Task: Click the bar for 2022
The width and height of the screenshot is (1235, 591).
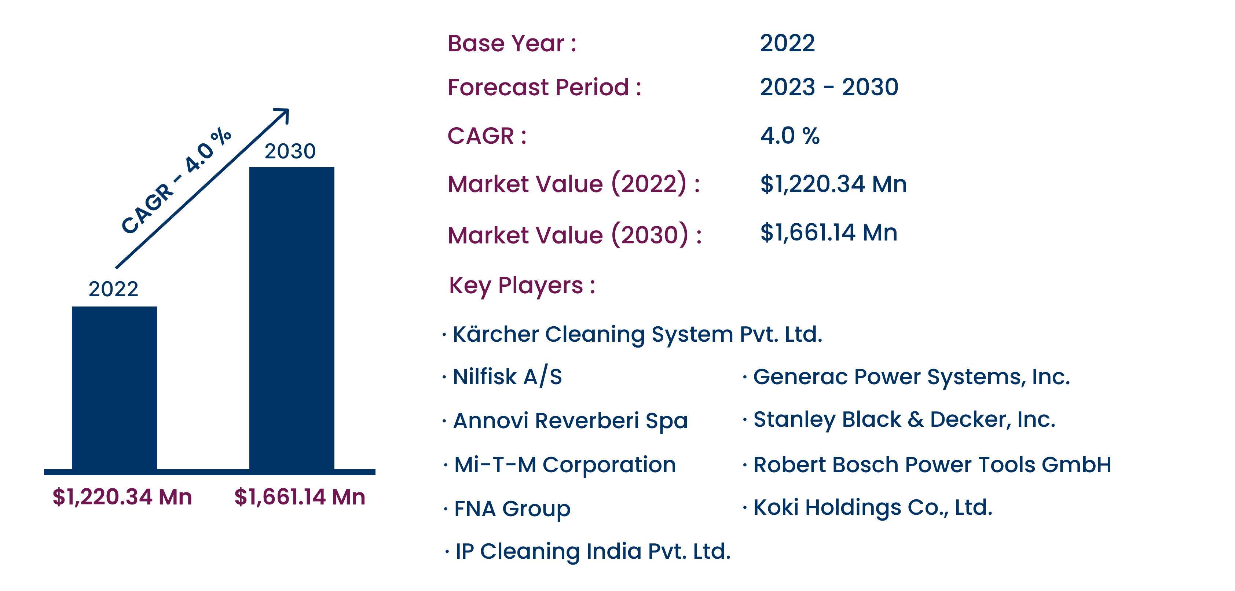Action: pyautogui.click(x=114, y=388)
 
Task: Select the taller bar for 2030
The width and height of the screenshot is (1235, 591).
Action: pyautogui.click(x=292, y=318)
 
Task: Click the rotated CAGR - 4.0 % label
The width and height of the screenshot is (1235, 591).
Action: pyautogui.click(x=176, y=181)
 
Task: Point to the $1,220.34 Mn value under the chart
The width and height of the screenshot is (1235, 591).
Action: pyautogui.click(x=122, y=497)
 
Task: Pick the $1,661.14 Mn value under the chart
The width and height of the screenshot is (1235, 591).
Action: pyautogui.click(x=300, y=497)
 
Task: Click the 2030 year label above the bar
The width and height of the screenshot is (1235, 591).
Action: pyautogui.click(x=290, y=151)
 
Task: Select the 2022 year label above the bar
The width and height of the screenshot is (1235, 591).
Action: pyautogui.click(x=114, y=289)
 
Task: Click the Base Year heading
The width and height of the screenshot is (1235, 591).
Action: pyautogui.click(x=512, y=44)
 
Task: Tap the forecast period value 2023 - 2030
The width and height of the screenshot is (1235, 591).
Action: pyautogui.click(x=829, y=87)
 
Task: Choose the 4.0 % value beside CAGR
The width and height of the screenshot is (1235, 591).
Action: pyautogui.click(x=789, y=136)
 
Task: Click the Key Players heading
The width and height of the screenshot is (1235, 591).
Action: pyautogui.click(x=522, y=286)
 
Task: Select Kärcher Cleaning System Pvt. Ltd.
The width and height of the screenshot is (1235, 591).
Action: pyautogui.click(x=637, y=334)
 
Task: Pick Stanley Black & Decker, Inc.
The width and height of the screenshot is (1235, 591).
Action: pyautogui.click(x=904, y=419)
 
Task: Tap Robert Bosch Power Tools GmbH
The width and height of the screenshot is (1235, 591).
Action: pyautogui.click(x=932, y=465)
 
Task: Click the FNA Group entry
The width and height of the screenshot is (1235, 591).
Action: pyautogui.click(x=512, y=509)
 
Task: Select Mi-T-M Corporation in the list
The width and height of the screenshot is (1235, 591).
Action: pyautogui.click(x=565, y=465)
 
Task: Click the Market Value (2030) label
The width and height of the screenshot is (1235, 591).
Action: pyautogui.click(x=574, y=235)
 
